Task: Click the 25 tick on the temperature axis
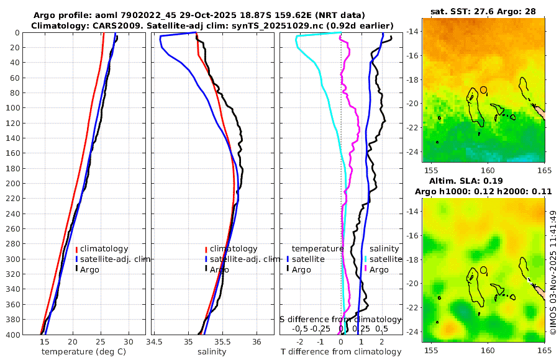(101, 342)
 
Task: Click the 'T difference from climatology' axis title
(341, 352)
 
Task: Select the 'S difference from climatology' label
(340, 318)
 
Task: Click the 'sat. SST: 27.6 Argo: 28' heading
(483, 11)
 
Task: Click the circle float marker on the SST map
(484, 90)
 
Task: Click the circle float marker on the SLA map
(484, 271)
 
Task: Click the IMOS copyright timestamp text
(553, 273)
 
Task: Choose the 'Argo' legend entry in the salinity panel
(219, 269)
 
